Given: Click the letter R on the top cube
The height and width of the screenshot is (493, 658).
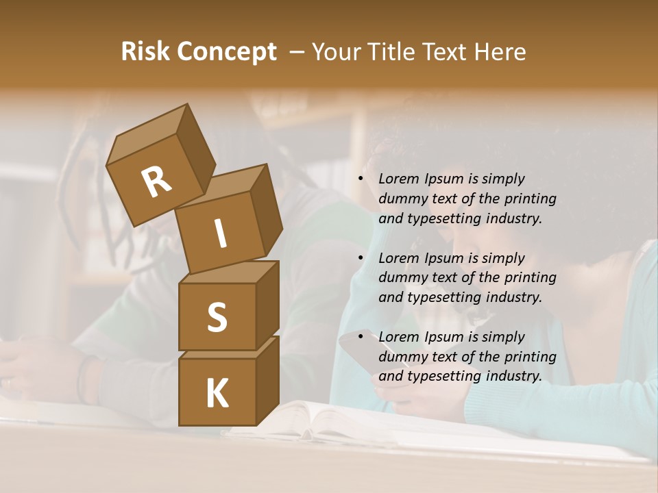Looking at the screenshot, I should [x=156, y=182].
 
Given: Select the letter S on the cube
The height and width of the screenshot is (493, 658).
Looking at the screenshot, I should [x=217, y=318].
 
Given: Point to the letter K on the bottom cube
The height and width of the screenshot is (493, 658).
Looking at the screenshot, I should [x=217, y=394].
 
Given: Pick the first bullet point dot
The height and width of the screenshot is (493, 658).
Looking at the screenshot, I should [x=361, y=179].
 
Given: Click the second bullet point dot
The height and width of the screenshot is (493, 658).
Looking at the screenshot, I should [x=361, y=258].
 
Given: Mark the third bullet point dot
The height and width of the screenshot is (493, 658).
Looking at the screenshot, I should [x=361, y=338].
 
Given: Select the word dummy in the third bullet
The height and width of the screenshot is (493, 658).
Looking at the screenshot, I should [x=402, y=357].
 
